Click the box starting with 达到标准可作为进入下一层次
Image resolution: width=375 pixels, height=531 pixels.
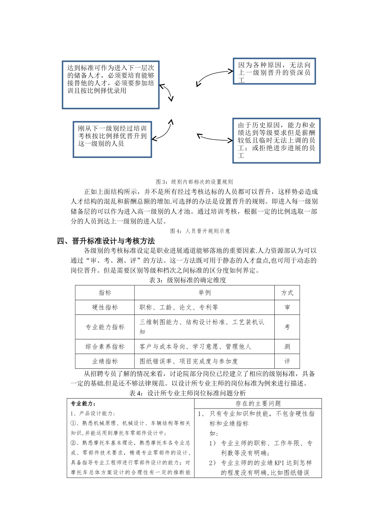click(111, 85)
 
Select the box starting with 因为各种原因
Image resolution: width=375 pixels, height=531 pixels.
click(274, 71)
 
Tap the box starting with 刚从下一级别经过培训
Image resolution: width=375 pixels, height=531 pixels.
click(112, 139)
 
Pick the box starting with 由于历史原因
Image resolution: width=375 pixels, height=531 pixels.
click(276, 140)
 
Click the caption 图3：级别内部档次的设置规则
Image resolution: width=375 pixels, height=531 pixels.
click(194, 182)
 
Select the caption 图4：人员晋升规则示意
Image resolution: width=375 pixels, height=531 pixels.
click(200, 231)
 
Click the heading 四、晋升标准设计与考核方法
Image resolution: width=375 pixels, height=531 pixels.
click(106, 241)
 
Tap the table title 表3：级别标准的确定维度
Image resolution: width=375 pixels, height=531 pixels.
click(187, 280)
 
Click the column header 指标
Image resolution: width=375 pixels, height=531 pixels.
click(105, 293)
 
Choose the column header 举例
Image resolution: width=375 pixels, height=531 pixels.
click(204, 293)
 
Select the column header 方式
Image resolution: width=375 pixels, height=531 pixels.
click(287, 293)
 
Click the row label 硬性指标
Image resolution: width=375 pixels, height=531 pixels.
click(105, 307)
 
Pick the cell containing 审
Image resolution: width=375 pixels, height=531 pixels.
click(287, 307)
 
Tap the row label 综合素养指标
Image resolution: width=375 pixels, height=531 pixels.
click(105, 346)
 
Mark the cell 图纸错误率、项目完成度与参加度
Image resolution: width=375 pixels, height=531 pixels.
click(189, 361)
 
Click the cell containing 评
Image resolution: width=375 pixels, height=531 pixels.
click(287, 361)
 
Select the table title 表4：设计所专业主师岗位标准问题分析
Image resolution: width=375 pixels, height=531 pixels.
click(187, 393)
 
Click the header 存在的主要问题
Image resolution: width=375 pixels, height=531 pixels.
click(258, 403)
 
